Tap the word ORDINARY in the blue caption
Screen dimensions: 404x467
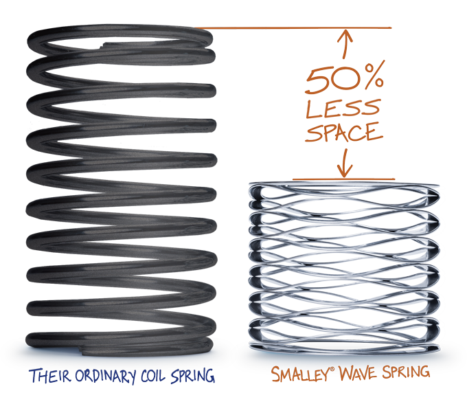(x=102, y=377)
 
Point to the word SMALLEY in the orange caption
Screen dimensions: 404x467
(x=296, y=374)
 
